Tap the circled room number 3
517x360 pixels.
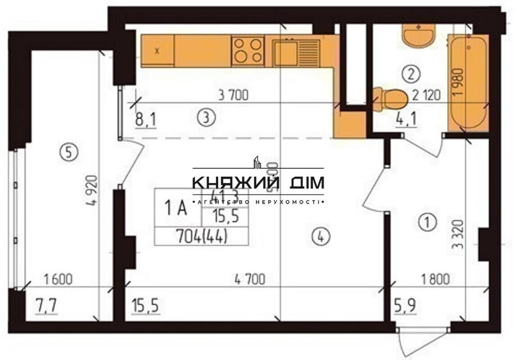(x=206, y=118)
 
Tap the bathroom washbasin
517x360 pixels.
(x=419, y=37)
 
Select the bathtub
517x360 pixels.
(x=467, y=82)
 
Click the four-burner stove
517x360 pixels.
(x=248, y=51)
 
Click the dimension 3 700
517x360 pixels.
(x=234, y=95)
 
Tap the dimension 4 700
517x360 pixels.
(x=250, y=280)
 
